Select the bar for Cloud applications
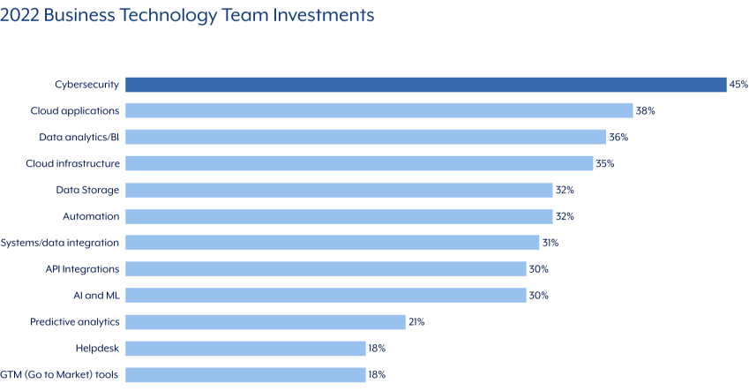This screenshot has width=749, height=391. (379, 110)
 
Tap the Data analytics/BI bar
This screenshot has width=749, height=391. (365, 137)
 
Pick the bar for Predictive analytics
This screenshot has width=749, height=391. (266, 322)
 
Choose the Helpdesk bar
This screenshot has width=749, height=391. (245, 348)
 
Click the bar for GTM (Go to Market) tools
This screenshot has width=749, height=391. (245, 374)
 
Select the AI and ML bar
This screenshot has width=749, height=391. (326, 296)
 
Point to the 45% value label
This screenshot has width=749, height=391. (738, 85)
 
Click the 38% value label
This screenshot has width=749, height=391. (646, 111)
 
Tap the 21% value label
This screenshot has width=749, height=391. (416, 322)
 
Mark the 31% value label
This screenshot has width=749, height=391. (551, 243)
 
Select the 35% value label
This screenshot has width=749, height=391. (605, 163)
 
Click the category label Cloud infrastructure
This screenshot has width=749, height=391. (72, 163)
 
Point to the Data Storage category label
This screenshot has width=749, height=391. (87, 190)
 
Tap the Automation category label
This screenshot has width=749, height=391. (91, 216)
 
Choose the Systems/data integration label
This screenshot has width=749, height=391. (60, 243)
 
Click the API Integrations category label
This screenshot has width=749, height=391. (82, 269)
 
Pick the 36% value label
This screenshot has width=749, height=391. (618, 138)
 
